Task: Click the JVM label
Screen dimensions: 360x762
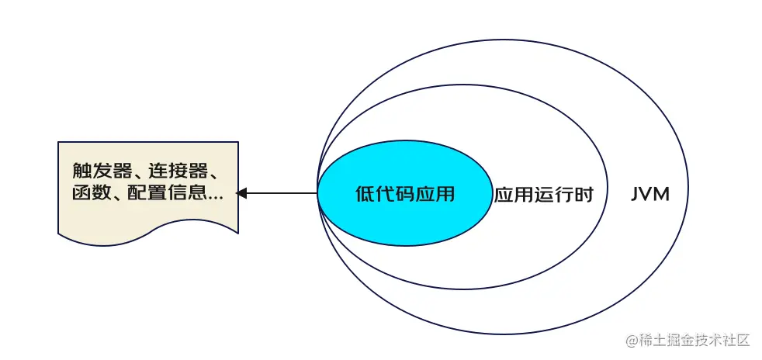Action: point(650,194)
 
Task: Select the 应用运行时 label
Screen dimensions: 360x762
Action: point(543,195)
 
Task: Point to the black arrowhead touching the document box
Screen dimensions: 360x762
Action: point(241,193)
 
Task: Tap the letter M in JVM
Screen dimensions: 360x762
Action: point(661,194)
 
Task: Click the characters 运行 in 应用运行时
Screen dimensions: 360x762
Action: point(553,195)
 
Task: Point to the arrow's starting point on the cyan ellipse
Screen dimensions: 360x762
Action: point(318,193)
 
